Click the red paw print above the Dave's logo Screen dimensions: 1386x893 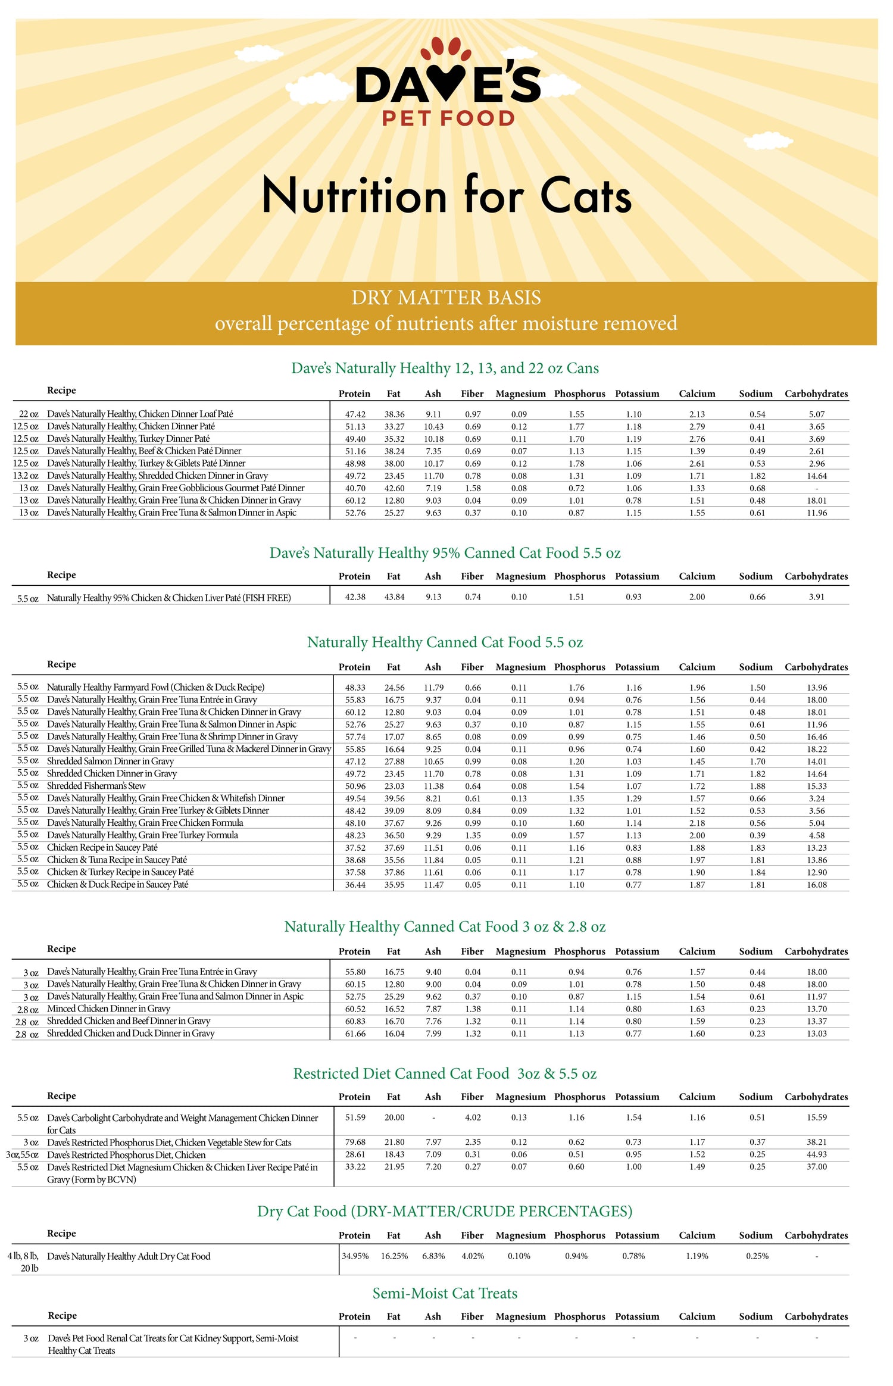pos(441,50)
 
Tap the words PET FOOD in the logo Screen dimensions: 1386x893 pos(448,118)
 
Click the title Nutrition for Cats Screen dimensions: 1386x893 pos(447,195)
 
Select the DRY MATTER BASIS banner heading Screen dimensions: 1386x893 pos(446,298)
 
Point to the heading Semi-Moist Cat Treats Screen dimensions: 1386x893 pos(445,1293)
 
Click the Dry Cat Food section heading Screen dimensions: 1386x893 pos(444,1211)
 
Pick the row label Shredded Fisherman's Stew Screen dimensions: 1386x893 pos(96,786)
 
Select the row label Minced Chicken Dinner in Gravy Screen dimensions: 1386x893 pos(108,1009)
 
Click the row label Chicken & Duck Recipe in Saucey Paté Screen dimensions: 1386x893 pos(117,885)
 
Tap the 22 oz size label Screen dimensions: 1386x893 pos(29,414)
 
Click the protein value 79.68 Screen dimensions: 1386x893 pos(355,1142)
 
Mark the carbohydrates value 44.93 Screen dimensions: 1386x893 pos(816,1154)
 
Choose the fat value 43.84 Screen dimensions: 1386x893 pos(394,597)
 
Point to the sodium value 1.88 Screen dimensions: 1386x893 pos(757,786)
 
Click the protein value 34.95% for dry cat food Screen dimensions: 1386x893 pos(355,1256)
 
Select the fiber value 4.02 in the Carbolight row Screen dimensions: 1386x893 pos(473,1117)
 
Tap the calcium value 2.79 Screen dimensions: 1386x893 pos(697,427)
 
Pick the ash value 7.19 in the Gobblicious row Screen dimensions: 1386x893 pos(433,488)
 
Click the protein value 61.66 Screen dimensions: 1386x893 pos(355,1034)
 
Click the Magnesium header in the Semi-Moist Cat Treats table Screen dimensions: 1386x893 pos(520,1316)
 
